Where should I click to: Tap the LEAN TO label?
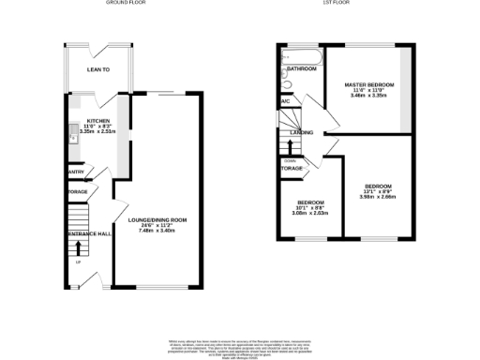(98, 69)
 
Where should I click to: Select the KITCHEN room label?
(98, 121)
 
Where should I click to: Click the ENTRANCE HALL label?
(90, 233)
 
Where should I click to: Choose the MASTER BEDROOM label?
(369, 84)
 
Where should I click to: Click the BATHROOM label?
(301, 69)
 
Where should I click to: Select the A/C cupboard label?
(284, 101)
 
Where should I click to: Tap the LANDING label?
(301, 133)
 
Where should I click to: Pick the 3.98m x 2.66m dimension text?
(377, 197)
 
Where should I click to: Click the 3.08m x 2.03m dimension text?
(310, 213)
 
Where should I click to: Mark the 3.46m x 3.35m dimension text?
(369, 96)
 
